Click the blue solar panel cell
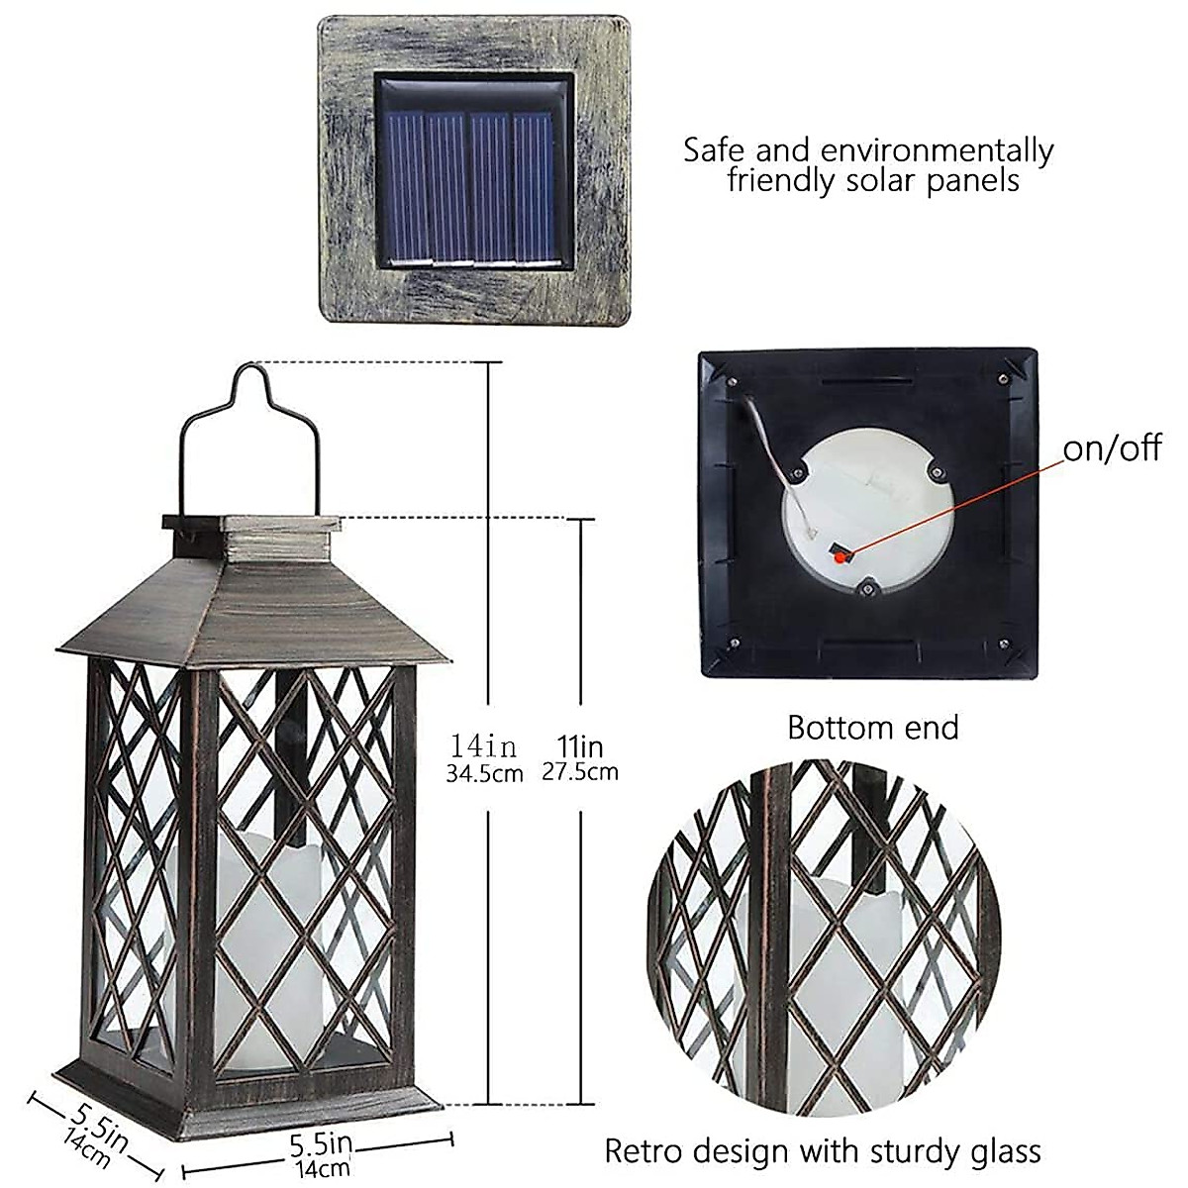pos(472,185)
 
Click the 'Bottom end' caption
pos(873,728)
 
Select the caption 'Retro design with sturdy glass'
pos(823,1151)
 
